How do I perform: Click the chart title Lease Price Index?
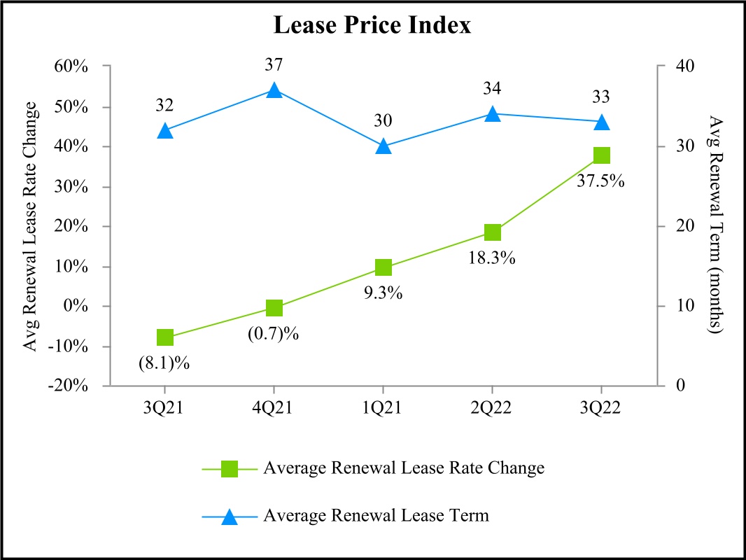pyautogui.click(x=372, y=26)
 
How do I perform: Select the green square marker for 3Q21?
pyautogui.click(x=165, y=337)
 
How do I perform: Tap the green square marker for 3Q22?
pyautogui.click(x=601, y=155)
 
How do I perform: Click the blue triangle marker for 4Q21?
pyautogui.click(x=274, y=90)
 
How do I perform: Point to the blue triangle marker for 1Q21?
pyautogui.click(x=383, y=146)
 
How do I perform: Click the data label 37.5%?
pyautogui.click(x=600, y=181)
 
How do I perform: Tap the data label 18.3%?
pyautogui.click(x=491, y=258)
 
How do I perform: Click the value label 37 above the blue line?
pyautogui.click(x=274, y=65)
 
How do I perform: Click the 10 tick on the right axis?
pyautogui.click(x=680, y=307)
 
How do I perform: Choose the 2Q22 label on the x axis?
pyautogui.click(x=492, y=409)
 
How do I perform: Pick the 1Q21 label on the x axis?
pyautogui.click(x=383, y=409)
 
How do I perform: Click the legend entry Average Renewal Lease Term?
pyautogui.click(x=376, y=517)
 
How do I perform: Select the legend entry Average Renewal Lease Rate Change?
pyautogui.click(x=404, y=468)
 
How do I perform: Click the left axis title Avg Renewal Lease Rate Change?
pyautogui.click(x=31, y=226)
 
